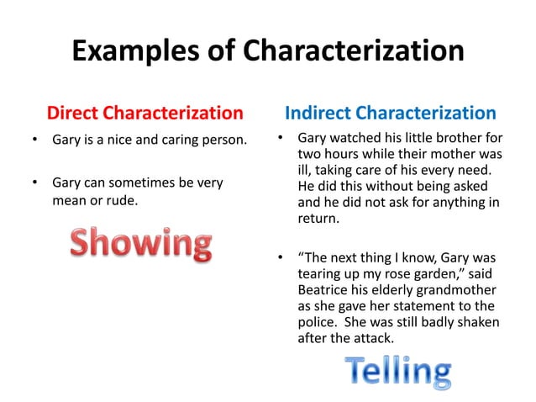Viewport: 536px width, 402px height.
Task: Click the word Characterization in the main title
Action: click(x=354, y=52)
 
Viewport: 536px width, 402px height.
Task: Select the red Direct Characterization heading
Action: click(x=145, y=113)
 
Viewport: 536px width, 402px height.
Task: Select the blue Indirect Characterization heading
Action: click(x=391, y=113)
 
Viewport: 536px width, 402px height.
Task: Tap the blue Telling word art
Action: click(x=397, y=372)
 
